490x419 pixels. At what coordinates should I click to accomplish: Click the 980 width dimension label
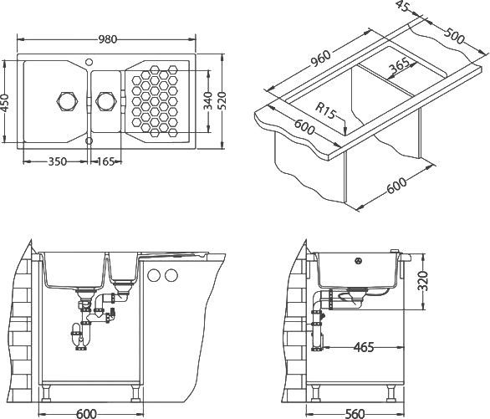pos(108,39)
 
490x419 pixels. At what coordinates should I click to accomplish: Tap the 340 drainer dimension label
pos(208,100)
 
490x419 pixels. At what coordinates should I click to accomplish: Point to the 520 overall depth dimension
pos(222,100)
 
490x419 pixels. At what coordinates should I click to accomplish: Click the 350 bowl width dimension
pos(58,161)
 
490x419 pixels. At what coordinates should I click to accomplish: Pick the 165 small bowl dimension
pos(105,161)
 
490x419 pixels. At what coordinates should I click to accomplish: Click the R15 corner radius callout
pos(325,110)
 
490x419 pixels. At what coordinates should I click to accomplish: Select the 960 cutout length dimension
pos(319,59)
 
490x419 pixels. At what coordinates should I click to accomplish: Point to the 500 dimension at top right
pos(455,36)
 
